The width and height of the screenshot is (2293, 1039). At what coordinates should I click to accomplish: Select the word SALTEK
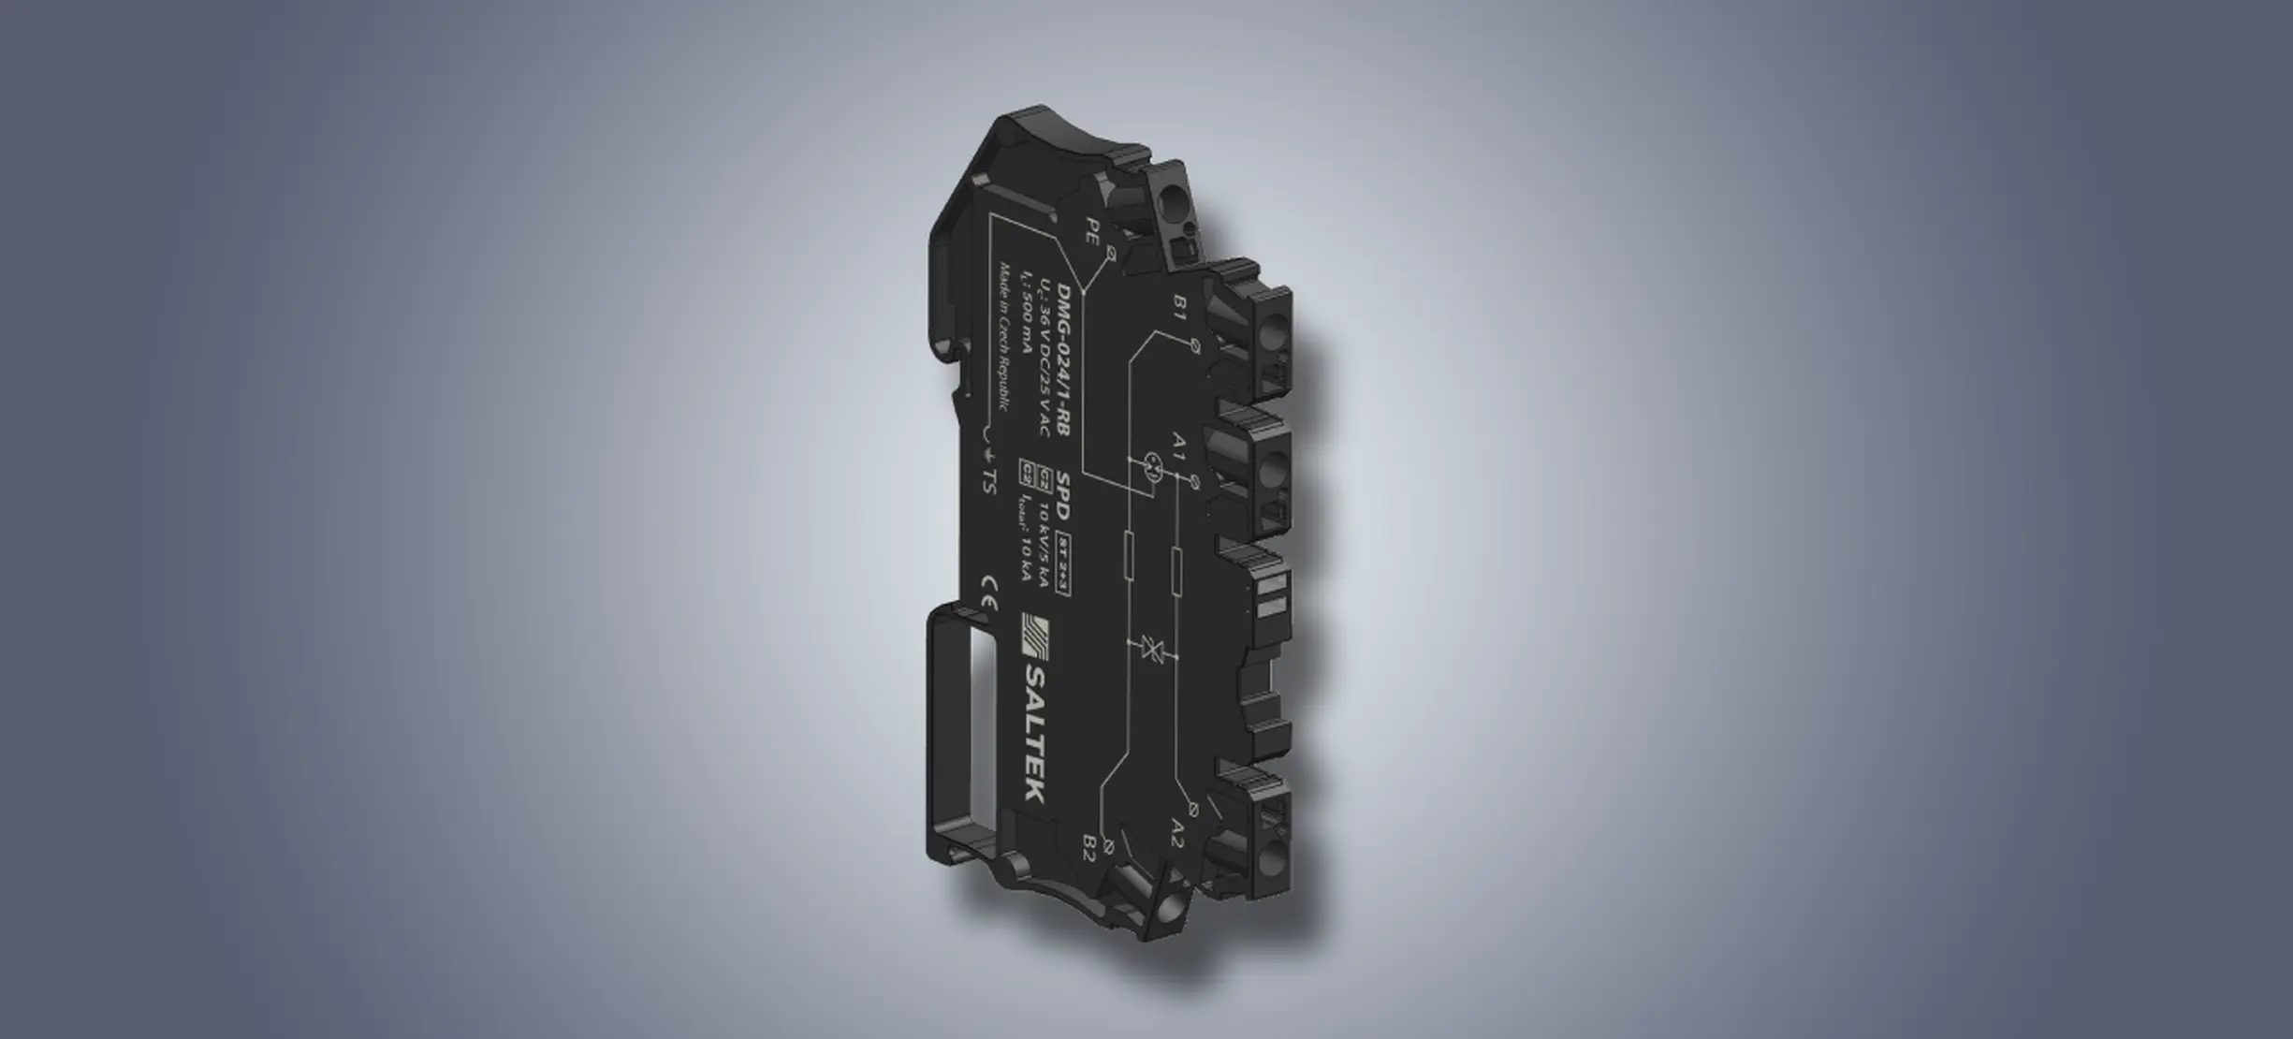click(x=1032, y=733)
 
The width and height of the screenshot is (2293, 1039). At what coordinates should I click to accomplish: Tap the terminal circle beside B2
click(x=1108, y=846)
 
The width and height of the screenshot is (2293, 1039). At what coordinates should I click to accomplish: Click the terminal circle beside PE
click(x=1111, y=253)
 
